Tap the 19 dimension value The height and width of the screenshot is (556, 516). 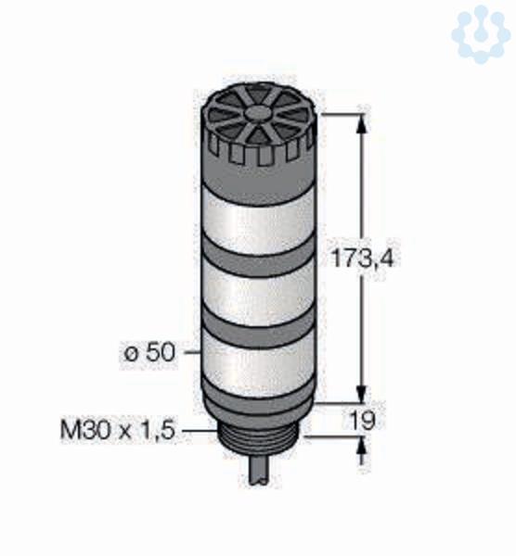[362, 421]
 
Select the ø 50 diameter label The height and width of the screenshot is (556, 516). [150, 353]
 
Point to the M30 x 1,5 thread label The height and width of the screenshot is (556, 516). [118, 431]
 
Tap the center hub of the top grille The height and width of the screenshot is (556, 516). [257, 113]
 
